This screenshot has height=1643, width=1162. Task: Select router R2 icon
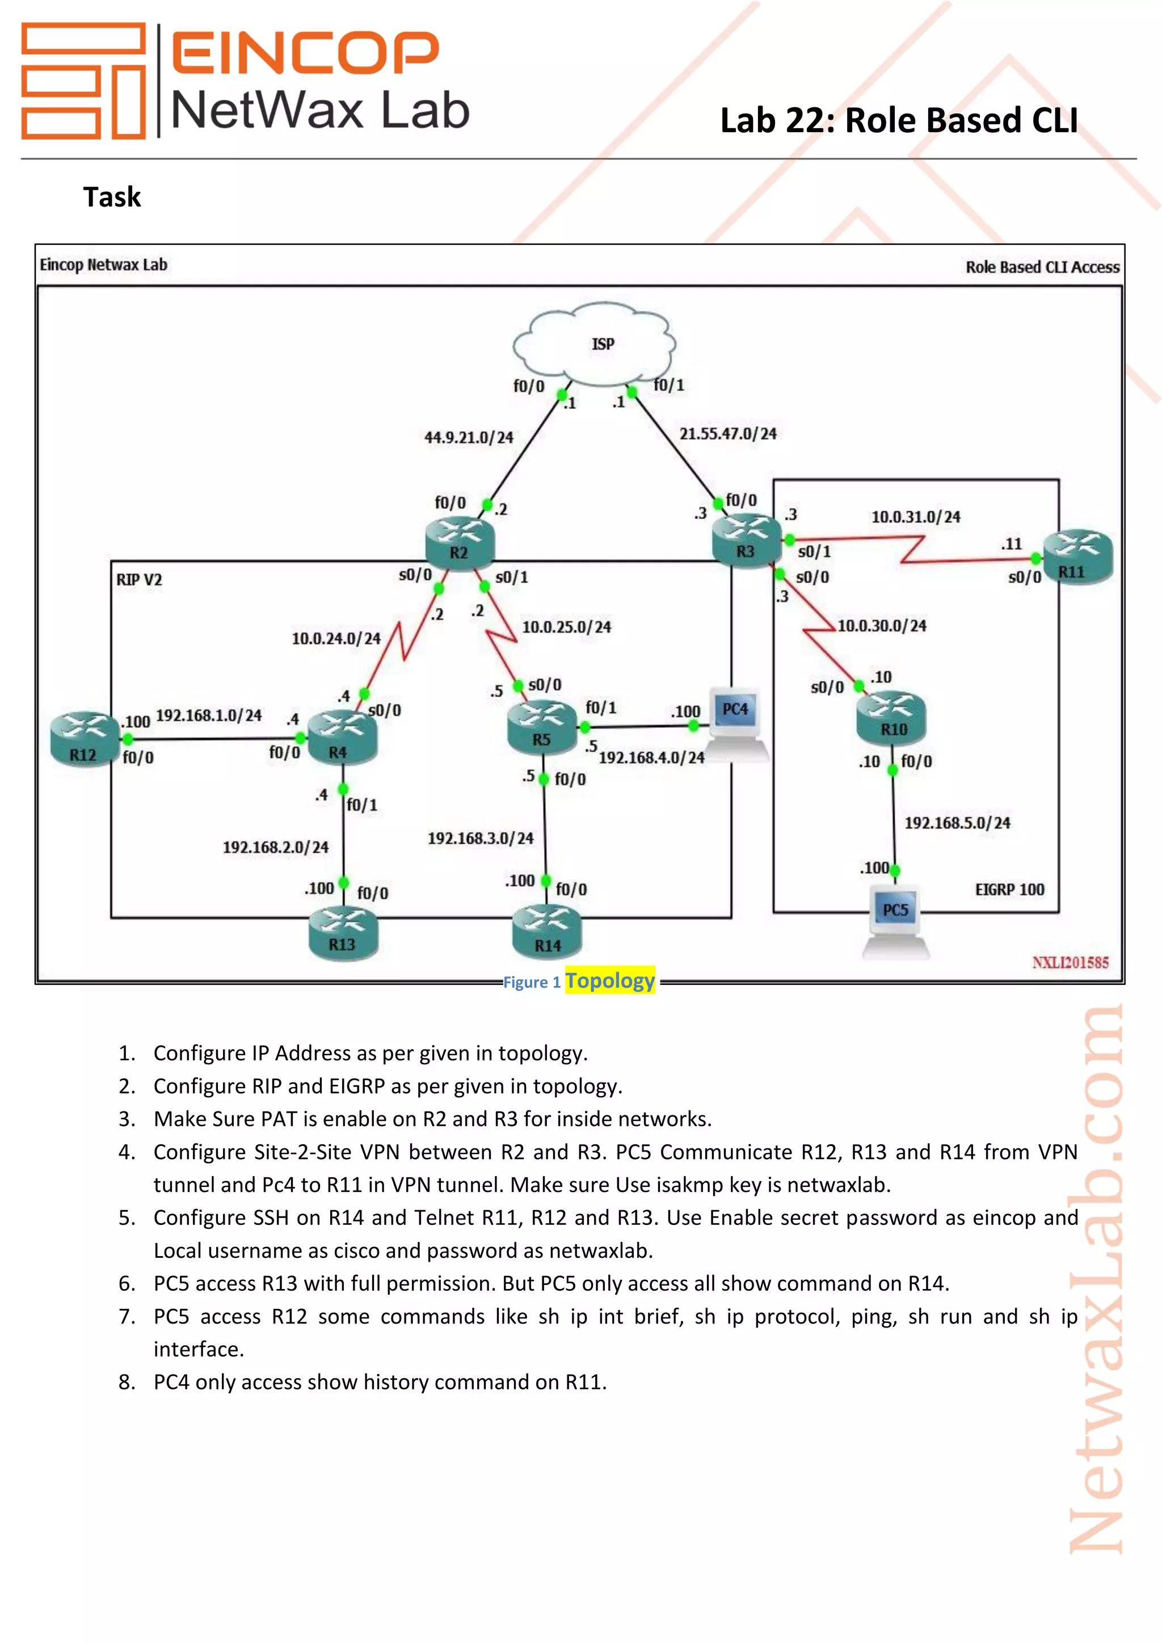tap(460, 542)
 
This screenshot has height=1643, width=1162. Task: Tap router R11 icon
tap(1077, 558)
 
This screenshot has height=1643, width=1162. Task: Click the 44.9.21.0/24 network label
tap(469, 437)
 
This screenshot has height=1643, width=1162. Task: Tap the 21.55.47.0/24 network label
tap(728, 433)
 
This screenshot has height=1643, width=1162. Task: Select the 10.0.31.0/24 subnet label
tap(915, 517)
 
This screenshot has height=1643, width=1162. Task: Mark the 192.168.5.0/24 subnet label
tap(957, 823)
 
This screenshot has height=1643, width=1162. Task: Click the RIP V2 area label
tap(139, 580)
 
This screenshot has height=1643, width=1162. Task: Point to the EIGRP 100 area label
tap(1009, 890)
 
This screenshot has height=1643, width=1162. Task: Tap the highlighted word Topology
tap(609, 980)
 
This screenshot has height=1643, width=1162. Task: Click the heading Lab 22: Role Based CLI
tap(898, 120)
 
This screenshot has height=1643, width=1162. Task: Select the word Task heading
tap(112, 197)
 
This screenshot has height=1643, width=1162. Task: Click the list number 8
tap(127, 1382)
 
